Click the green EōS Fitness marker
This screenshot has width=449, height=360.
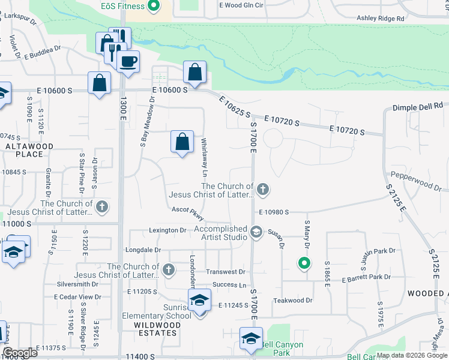pos(153,6)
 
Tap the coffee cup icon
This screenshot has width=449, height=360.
pos(128,61)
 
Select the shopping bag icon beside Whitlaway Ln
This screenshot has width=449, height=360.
pos(182,143)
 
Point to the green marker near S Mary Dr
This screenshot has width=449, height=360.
pos(304,263)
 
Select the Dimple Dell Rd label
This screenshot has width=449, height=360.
pos(418,106)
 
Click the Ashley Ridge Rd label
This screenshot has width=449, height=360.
pos(381,19)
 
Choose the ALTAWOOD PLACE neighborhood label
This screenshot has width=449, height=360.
pos(30,150)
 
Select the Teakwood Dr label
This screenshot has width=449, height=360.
pos(293,300)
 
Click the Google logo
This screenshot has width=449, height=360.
pos(20,353)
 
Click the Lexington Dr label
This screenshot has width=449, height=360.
pos(167,230)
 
